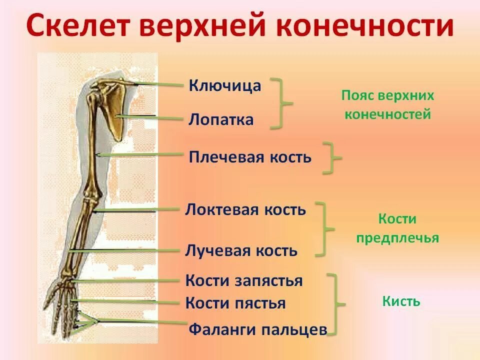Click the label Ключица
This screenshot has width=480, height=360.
225,85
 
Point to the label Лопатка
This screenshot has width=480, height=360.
221,120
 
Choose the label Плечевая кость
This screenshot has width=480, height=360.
250,157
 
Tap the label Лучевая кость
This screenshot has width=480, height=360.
241,250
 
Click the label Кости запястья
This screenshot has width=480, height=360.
244,280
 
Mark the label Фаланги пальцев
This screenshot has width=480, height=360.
258,329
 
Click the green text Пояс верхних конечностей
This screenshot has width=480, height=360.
387,105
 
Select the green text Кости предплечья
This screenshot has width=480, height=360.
397,228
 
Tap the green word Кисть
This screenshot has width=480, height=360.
401,301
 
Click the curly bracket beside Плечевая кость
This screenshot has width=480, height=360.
331,158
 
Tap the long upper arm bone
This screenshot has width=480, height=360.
93,145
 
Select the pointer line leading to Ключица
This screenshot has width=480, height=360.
160,85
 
